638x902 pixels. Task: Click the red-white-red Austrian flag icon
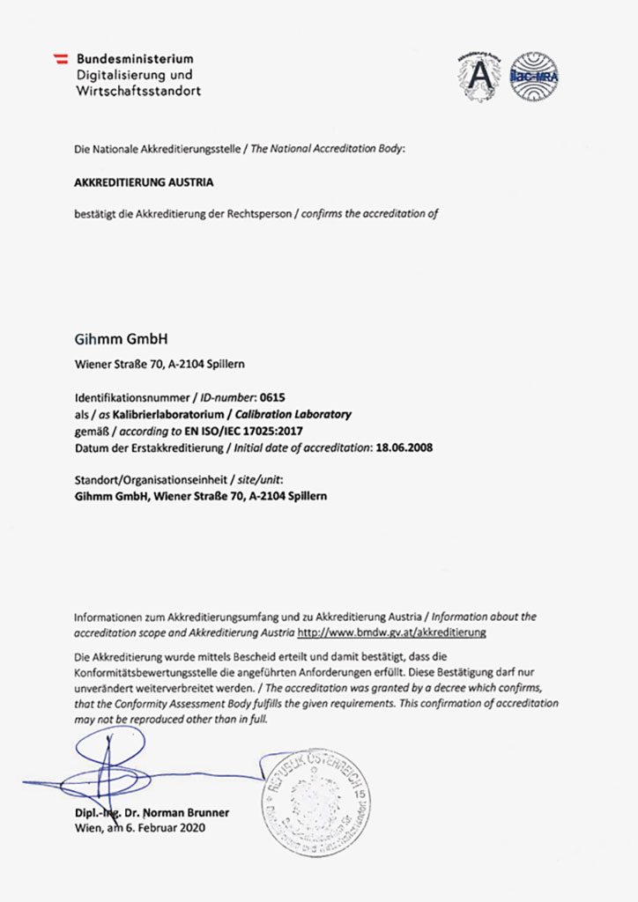click(x=62, y=58)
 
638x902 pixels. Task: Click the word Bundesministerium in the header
click(x=135, y=58)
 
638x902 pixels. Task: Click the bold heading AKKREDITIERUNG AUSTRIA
click(x=144, y=182)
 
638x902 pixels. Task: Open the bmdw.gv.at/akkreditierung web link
click(x=391, y=632)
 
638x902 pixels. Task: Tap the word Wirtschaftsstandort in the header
click(x=138, y=91)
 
